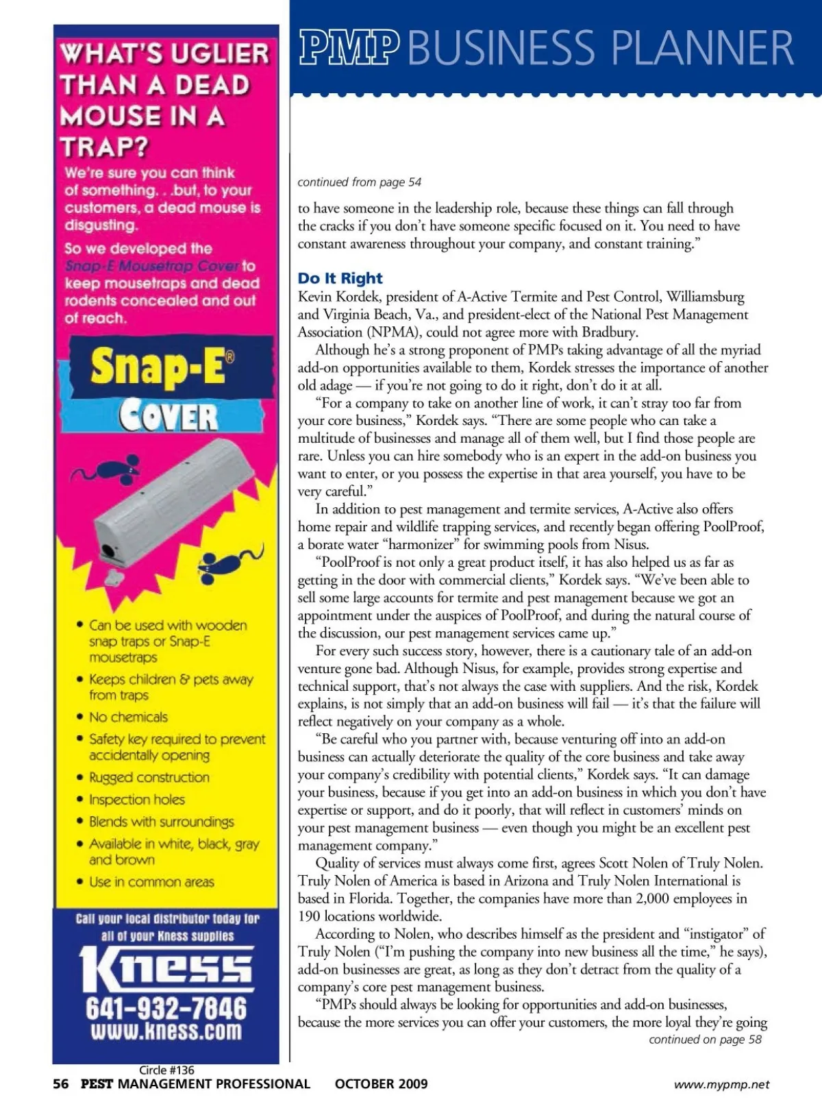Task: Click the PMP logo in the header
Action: (349, 47)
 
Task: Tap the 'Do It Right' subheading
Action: (340, 278)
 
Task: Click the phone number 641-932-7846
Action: (166, 1007)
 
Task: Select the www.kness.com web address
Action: (166, 1031)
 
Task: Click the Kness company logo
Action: (166, 968)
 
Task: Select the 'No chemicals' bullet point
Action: (128, 717)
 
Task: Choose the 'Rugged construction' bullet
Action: (149, 777)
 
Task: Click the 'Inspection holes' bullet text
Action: (136, 799)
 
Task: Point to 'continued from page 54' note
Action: (359, 182)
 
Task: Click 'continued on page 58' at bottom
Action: (705, 1039)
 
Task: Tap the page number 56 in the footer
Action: (61, 1083)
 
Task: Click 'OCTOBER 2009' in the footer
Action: (381, 1083)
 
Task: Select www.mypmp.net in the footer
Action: (721, 1084)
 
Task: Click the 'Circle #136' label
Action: (166, 1069)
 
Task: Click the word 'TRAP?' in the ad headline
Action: (104, 147)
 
